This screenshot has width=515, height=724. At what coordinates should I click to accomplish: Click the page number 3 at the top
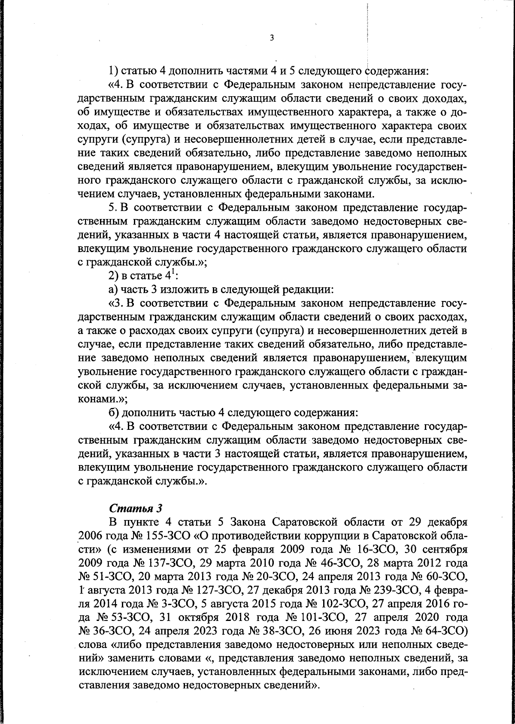271,38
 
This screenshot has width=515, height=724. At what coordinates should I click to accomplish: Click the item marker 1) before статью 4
113,70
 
